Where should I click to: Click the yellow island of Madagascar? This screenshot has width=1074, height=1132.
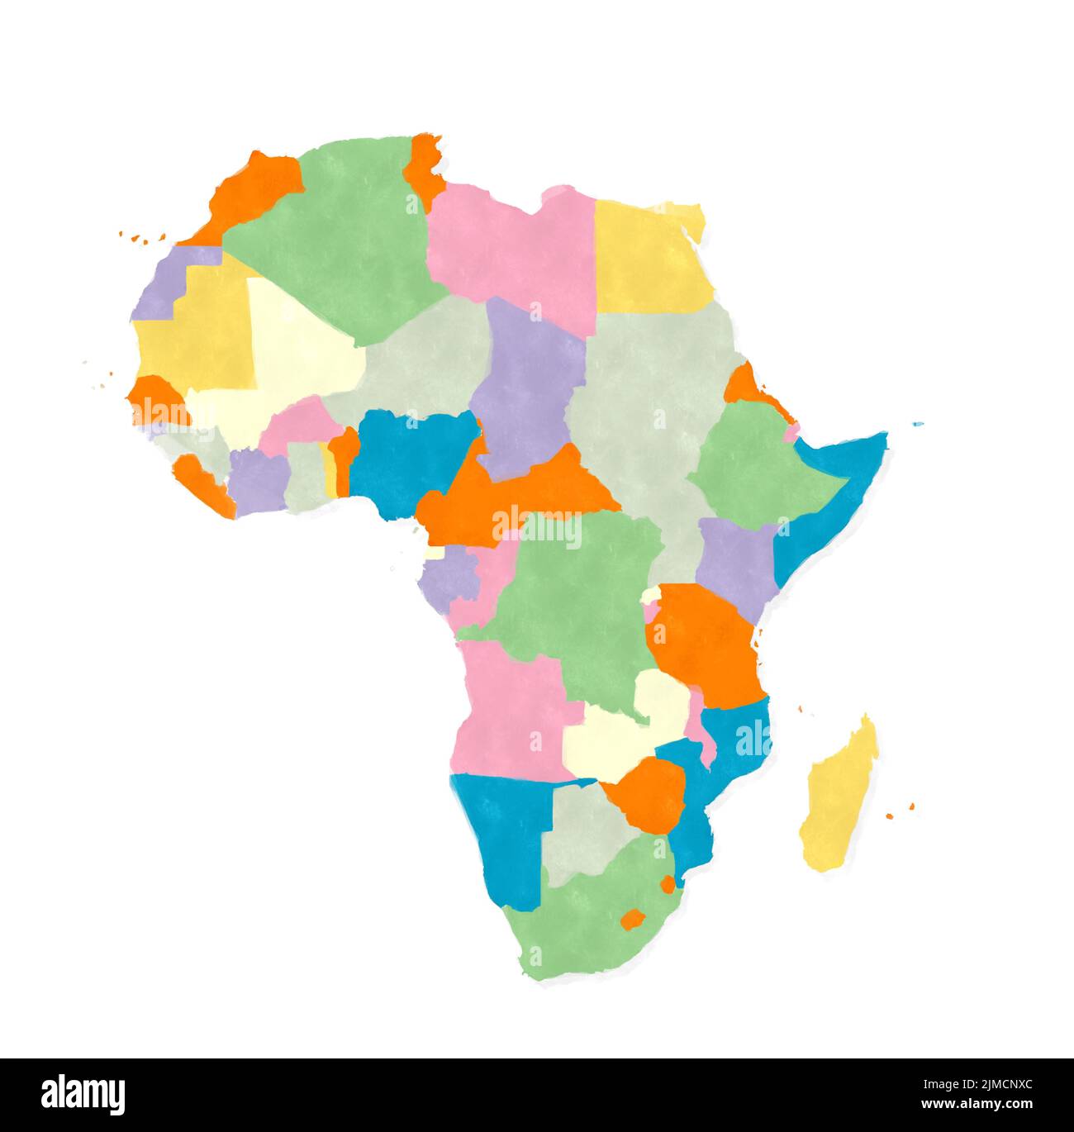(839, 797)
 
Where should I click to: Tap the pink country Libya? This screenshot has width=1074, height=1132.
(512, 248)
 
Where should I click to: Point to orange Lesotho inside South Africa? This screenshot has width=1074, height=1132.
(633, 919)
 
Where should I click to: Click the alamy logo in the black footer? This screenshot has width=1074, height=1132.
(83, 1094)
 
